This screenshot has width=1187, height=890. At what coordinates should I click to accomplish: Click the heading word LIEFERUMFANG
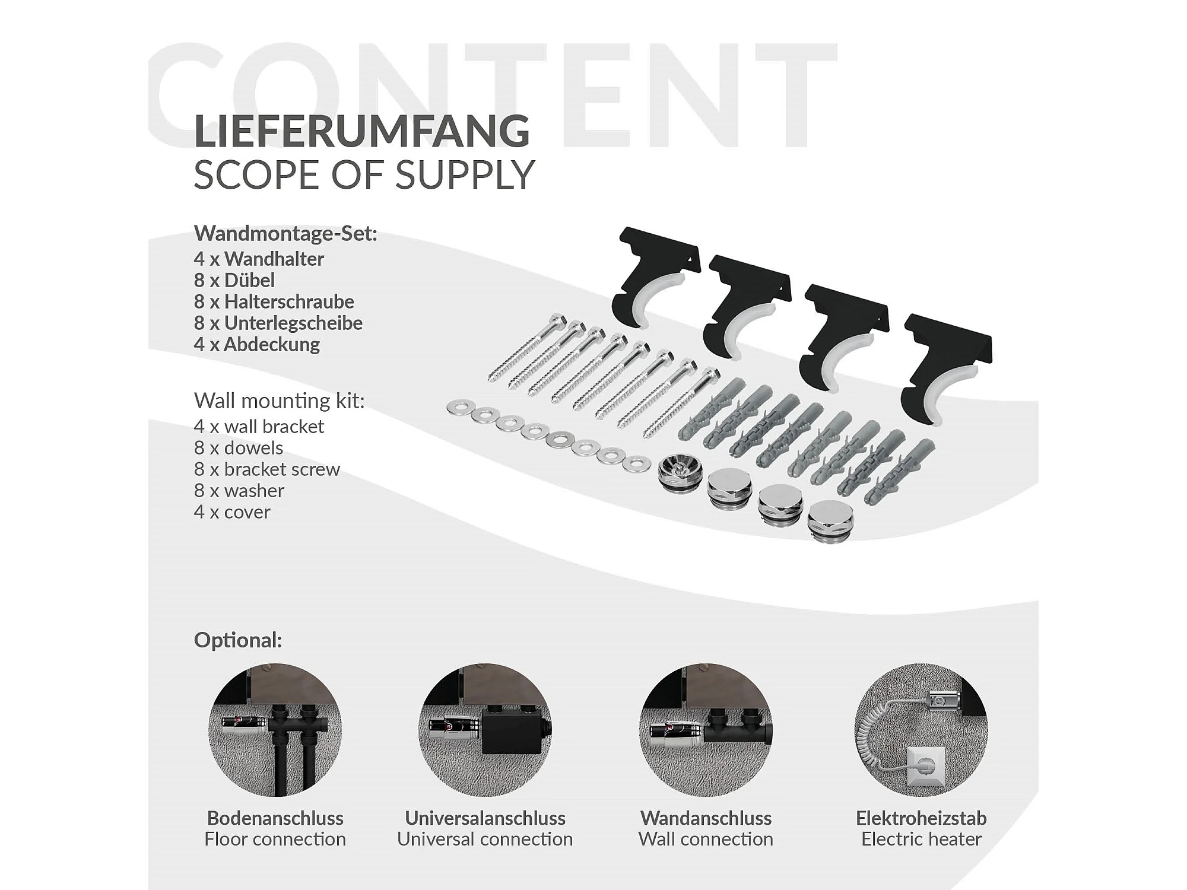click(x=361, y=131)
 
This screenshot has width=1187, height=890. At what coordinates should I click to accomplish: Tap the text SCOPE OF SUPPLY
click(x=364, y=175)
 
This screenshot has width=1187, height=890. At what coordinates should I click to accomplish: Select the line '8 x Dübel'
click(x=234, y=280)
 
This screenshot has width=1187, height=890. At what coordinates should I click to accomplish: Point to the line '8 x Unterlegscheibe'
click(x=278, y=323)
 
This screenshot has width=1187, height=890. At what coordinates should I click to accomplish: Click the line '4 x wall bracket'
click(x=259, y=426)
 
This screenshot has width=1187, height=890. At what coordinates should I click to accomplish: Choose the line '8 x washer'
click(x=239, y=491)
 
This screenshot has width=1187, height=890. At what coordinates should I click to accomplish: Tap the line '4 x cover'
click(x=232, y=512)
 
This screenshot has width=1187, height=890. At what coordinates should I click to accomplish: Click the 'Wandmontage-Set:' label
click(x=285, y=234)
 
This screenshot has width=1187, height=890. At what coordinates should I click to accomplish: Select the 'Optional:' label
click(x=238, y=640)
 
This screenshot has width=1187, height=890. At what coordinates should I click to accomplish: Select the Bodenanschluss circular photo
click(x=275, y=730)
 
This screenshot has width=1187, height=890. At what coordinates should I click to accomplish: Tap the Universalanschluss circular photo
click(x=485, y=730)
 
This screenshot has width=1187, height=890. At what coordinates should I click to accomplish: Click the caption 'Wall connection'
click(x=706, y=839)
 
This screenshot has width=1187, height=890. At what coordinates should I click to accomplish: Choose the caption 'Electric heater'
click(x=921, y=839)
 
